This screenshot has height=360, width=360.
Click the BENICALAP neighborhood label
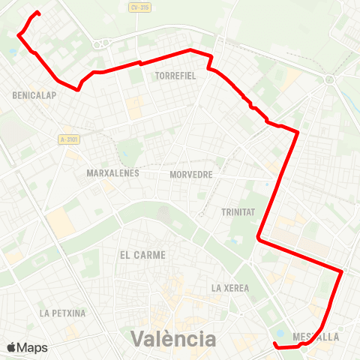[31, 95]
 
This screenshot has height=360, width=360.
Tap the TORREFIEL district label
[175, 76]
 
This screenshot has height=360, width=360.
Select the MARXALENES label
[109, 173]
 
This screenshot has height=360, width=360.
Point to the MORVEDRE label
[191, 174]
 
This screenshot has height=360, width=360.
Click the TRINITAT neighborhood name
[238, 212]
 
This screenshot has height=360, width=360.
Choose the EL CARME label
[142, 255]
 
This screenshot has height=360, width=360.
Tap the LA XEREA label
[229, 287]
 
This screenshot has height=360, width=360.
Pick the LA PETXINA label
[63, 313]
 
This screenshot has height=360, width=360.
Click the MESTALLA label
[317, 337]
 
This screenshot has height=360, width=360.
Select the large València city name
[173, 338]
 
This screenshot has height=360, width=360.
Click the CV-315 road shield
[139, 7]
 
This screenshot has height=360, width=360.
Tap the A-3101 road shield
[69, 139]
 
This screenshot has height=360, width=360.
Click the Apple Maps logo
[27, 347]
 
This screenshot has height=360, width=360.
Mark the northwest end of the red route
[37, 13]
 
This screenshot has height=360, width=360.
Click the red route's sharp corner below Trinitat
[258, 238]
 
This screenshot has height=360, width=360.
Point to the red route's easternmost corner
[342, 271]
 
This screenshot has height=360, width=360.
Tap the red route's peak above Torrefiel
[190, 49]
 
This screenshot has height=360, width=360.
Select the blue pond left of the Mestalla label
[280, 334]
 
